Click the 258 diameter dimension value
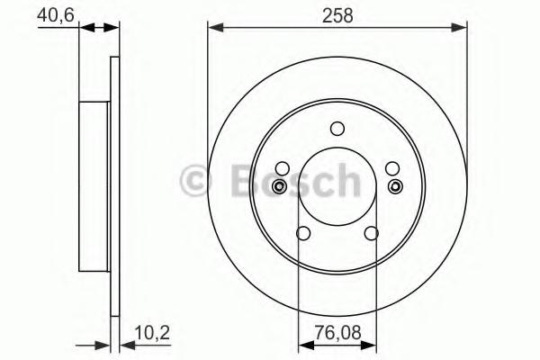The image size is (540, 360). (x=337, y=15)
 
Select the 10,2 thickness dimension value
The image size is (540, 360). (x=152, y=333)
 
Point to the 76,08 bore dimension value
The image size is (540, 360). (x=337, y=332)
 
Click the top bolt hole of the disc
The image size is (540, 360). (x=337, y=129)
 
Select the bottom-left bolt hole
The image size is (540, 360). (x=303, y=233)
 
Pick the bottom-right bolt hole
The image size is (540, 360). (x=372, y=233)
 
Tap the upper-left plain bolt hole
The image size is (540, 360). (x=283, y=168)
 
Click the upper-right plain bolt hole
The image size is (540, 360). (x=392, y=168)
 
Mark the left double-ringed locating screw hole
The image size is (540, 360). (x=279, y=186)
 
